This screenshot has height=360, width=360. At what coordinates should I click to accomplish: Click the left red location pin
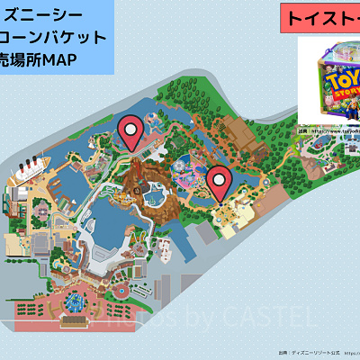(x=132, y=134)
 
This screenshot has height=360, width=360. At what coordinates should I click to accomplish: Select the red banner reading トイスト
(x=319, y=18)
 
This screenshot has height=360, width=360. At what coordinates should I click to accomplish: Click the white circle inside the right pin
(x=219, y=179)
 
